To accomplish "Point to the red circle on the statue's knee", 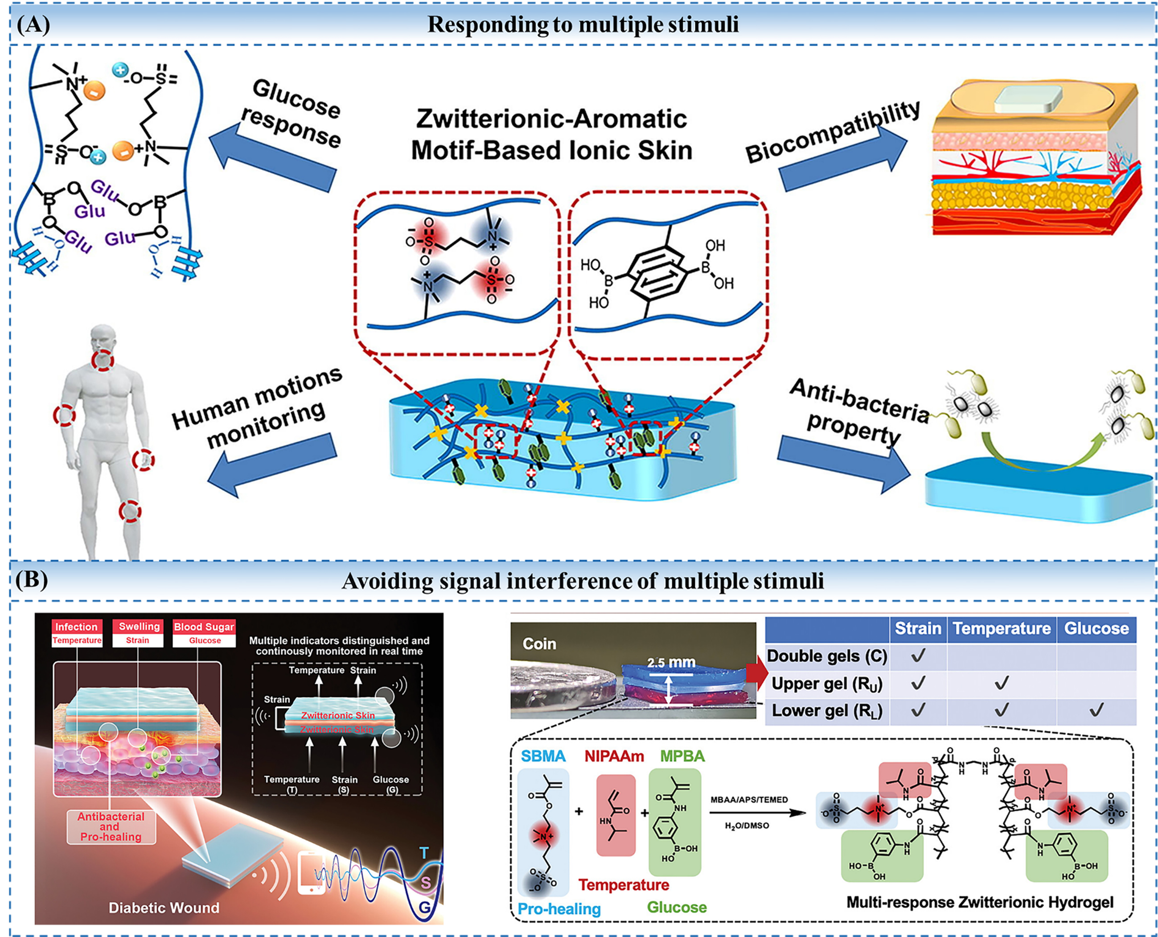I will (x=130, y=510).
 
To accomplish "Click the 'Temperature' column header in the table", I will (x=1001, y=629).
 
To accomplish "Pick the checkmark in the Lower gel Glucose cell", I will (x=1096, y=710).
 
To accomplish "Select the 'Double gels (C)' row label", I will (x=827, y=656).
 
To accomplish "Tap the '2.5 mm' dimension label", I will (x=671, y=663).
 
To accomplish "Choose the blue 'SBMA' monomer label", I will (x=543, y=756).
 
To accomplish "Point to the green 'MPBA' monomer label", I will (x=682, y=756).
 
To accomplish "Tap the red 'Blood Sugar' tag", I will (x=203, y=627).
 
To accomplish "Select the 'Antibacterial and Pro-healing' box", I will (x=111, y=826).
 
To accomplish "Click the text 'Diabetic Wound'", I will (x=164, y=908).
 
